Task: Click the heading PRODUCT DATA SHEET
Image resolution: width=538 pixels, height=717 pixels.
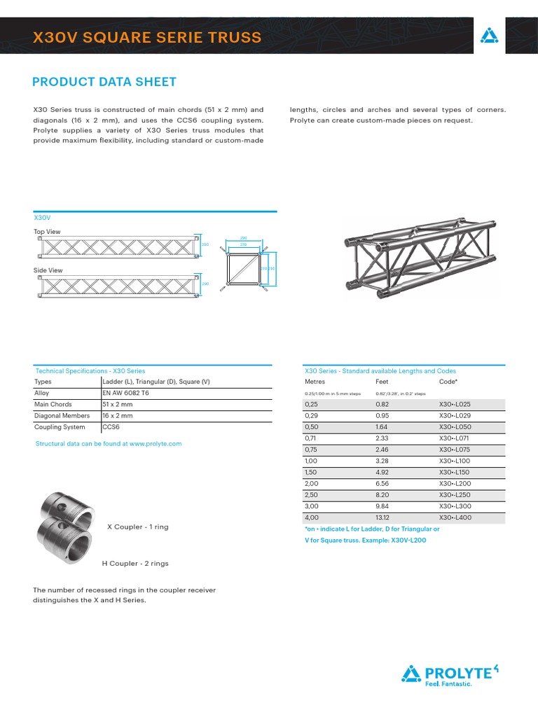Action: click(104, 82)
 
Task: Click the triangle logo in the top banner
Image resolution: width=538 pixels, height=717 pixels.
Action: click(488, 36)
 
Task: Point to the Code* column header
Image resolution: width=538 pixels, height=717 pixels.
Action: click(448, 382)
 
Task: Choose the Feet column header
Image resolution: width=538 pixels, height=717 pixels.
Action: click(382, 382)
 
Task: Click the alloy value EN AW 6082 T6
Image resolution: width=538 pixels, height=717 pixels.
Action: click(125, 393)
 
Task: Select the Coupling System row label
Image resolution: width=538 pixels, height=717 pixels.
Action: click(60, 427)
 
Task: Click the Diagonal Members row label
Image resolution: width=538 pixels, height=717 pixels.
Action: click(62, 416)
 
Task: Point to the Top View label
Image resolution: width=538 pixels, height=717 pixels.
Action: click(47, 232)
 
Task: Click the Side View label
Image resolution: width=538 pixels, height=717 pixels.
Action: click(48, 270)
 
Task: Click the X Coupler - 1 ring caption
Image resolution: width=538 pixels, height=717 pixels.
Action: click(137, 527)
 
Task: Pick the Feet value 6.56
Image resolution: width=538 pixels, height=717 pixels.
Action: click(382, 483)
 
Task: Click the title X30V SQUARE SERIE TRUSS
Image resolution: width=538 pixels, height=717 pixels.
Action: click(147, 37)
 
